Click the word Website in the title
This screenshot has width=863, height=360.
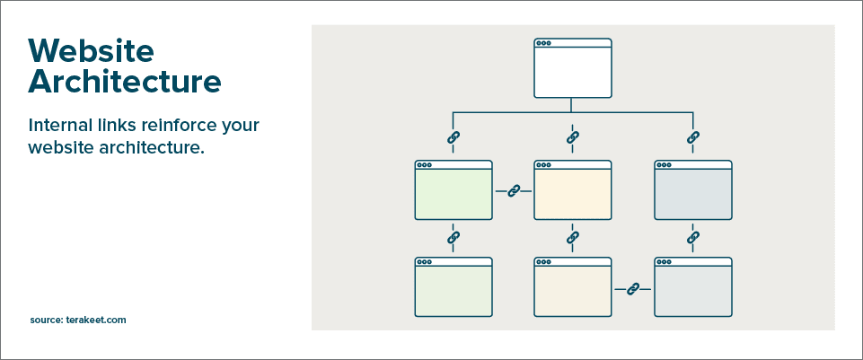(92, 50)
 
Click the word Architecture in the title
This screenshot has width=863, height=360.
(125, 81)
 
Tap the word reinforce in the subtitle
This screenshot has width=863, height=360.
(172, 126)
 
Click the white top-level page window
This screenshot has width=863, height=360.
(572, 67)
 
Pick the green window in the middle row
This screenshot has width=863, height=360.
(453, 190)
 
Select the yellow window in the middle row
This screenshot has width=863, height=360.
(572, 190)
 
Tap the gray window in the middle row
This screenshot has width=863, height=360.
(693, 190)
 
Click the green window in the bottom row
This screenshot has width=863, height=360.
(453, 286)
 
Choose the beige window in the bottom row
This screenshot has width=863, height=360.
(572, 286)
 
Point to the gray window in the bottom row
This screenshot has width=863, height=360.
(693, 286)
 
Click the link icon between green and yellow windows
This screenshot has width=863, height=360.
(514, 191)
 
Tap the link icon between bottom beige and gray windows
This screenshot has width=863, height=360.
(633, 288)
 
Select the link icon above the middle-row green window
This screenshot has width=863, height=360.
(453, 137)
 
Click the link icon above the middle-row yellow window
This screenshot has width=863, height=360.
(572, 137)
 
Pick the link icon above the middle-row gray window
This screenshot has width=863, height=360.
(693, 137)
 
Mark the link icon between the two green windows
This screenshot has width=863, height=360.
(453, 238)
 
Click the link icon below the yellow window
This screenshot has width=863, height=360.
(572, 238)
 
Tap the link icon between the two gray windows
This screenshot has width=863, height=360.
(693, 238)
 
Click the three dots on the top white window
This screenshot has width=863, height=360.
(544, 43)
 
